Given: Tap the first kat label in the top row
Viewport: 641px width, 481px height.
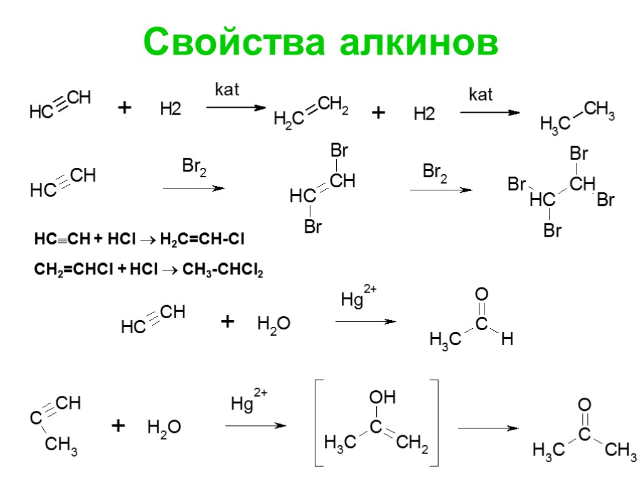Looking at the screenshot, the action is (x=227, y=90).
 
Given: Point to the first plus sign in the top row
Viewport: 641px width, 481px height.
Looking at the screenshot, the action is (x=125, y=109).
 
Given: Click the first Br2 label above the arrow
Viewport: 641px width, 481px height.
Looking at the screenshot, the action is (x=194, y=168).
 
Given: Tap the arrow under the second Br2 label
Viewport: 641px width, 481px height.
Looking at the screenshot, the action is (x=441, y=190).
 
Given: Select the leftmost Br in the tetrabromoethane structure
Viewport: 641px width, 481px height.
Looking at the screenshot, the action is (x=516, y=185).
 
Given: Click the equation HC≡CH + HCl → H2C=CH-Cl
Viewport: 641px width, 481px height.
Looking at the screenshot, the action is (x=139, y=240).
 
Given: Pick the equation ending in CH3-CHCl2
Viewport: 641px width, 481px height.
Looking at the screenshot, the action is (x=148, y=270).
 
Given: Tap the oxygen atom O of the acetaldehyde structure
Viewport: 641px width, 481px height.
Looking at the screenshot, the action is (x=481, y=294).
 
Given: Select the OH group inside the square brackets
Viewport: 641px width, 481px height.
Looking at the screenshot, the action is (x=382, y=397).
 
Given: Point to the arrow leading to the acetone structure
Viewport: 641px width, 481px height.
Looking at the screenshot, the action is (x=488, y=428).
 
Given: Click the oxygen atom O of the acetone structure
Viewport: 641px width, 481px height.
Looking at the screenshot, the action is (x=585, y=404).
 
